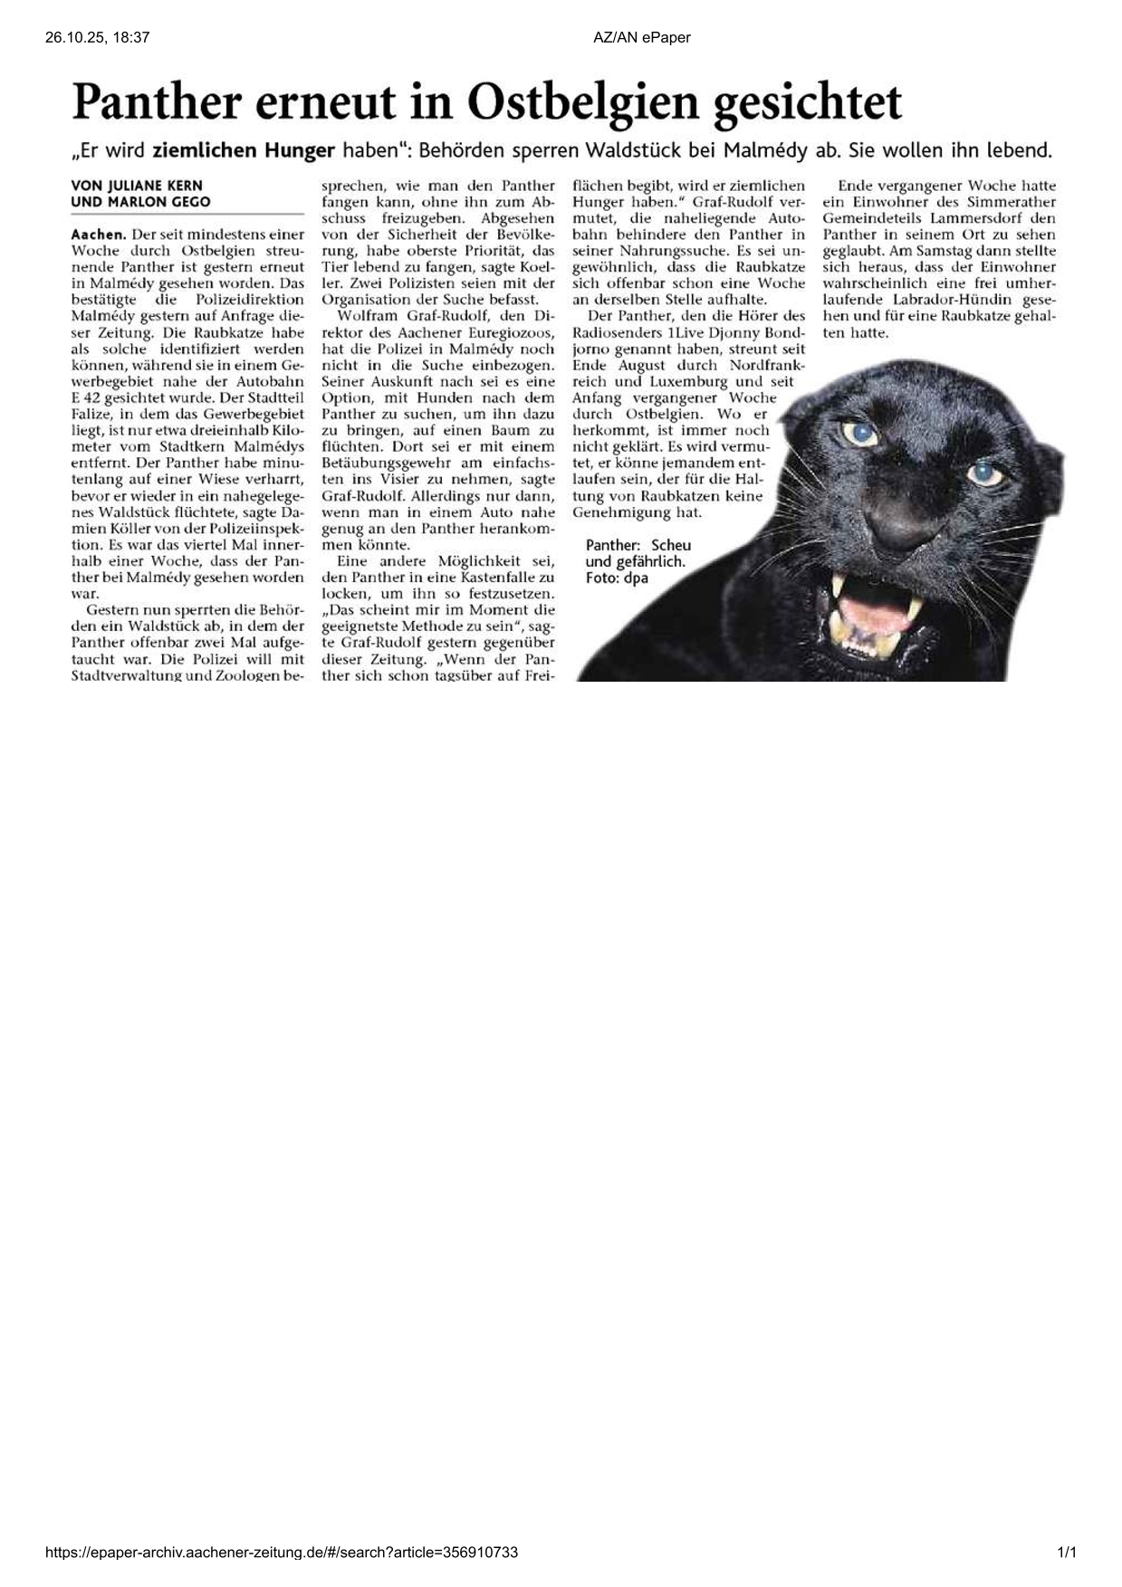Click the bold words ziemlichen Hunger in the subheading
click(x=243, y=151)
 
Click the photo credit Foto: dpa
click(x=617, y=578)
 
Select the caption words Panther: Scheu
click(x=638, y=545)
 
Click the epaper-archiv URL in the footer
click(x=282, y=1553)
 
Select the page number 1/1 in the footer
click(x=1067, y=1553)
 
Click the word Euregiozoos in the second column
click(x=512, y=333)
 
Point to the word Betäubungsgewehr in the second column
click(x=379, y=464)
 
